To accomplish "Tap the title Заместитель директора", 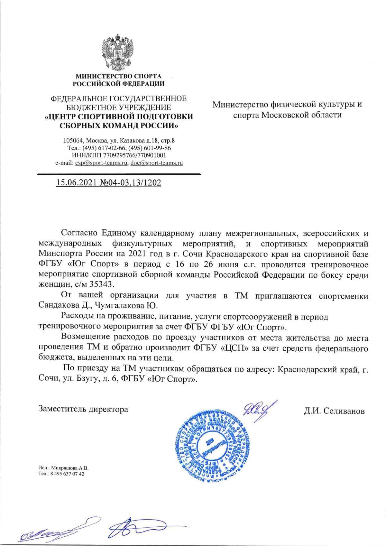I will pyautogui.click(x=83, y=409).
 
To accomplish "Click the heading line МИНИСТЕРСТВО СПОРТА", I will pyautogui.click(x=118, y=77).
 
